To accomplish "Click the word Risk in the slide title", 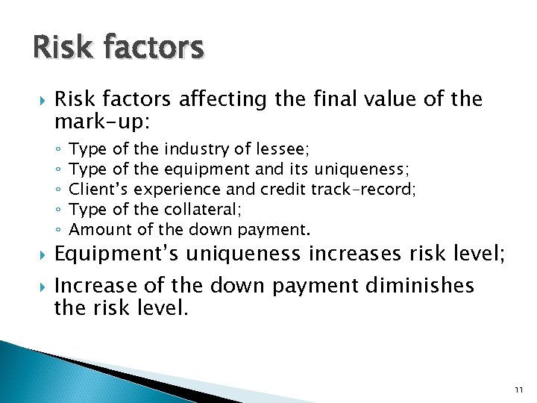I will tap(61, 48).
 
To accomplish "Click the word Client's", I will tap(104, 190).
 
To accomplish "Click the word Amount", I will tap(106, 229).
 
